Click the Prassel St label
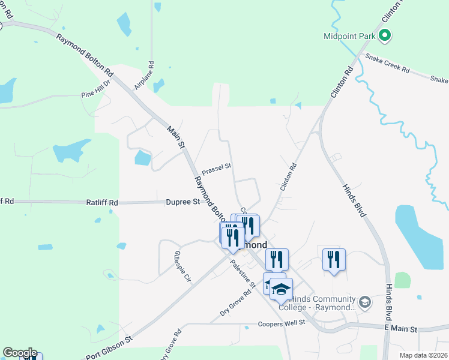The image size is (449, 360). (x=216, y=169)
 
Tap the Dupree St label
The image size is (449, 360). (x=183, y=202)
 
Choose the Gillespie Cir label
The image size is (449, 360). (x=182, y=266)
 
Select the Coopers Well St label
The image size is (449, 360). (x=282, y=323)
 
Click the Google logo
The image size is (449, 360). (x=19, y=353)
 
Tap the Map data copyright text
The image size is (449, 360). (x=424, y=355)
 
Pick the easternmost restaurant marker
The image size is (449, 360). (x=334, y=259)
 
